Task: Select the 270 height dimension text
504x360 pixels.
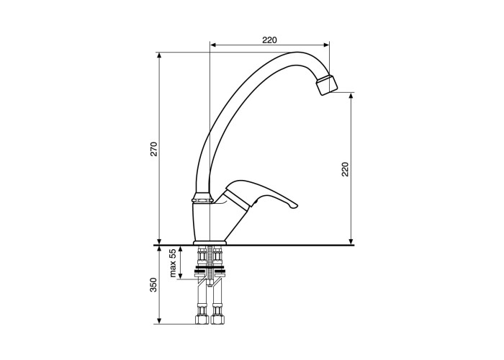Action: (155, 149)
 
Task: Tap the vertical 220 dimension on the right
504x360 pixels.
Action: (345, 169)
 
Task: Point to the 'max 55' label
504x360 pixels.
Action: (173, 263)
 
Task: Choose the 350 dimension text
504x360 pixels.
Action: (153, 285)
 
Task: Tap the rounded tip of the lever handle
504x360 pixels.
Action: (294, 206)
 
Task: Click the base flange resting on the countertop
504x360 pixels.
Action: (210, 243)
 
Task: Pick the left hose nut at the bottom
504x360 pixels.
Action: (201, 319)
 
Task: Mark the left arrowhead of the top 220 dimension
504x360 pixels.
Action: (212, 45)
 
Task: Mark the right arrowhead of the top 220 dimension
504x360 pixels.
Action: (327, 45)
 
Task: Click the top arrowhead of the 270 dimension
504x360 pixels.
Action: (159, 55)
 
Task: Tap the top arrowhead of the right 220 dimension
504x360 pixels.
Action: (351, 96)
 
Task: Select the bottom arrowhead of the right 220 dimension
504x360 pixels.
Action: (351, 241)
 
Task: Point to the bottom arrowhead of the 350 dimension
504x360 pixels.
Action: (159, 321)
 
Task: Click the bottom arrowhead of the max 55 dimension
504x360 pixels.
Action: (180, 276)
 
